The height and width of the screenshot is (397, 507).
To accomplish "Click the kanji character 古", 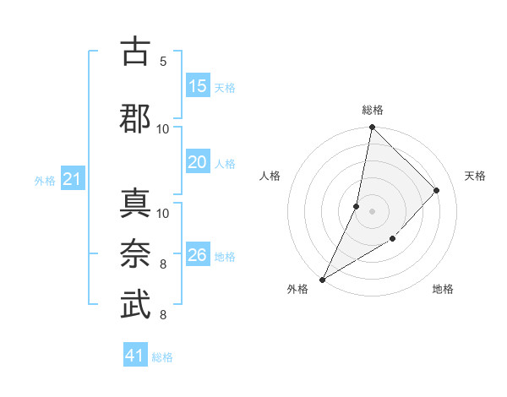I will [136, 52].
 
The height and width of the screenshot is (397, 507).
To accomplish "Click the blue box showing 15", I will [198, 86].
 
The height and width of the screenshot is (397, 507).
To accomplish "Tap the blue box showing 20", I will [198, 162].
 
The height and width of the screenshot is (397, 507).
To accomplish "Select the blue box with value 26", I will [198, 255].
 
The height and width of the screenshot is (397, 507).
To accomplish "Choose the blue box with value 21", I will [73, 179].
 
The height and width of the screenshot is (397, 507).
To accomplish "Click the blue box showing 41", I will [136, 356].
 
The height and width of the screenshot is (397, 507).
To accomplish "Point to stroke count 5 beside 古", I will [163, 61].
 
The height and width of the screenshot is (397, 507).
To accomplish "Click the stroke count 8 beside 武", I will [163, 315].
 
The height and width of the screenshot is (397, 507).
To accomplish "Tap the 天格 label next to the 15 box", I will [225, 87].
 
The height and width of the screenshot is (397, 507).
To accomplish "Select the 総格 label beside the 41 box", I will [162, 357].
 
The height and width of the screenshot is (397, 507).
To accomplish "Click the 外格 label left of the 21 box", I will [45, 180].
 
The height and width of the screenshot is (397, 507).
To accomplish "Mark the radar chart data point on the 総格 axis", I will [372, 128].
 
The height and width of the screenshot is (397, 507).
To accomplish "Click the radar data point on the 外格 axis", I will [322, 280].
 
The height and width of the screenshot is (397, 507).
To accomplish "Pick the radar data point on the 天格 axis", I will [437, 190].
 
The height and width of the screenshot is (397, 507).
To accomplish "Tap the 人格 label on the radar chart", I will [270, 176].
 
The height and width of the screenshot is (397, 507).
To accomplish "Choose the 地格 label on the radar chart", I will [443, 290].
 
